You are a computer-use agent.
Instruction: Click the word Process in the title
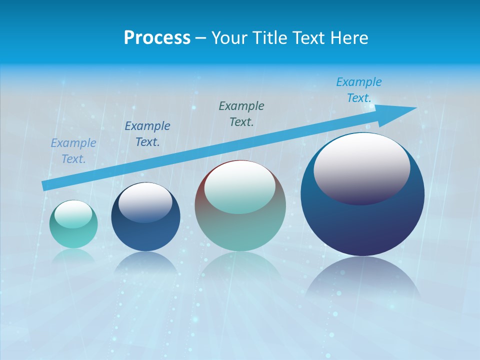coord(157,38)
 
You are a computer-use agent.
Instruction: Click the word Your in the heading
coord(228,38)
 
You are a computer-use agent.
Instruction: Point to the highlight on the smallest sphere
coord(73,214)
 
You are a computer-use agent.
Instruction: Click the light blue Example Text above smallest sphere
coord(73,151)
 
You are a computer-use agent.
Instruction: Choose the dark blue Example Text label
coord(147,134)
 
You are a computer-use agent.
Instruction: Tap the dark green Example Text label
coord(241,113)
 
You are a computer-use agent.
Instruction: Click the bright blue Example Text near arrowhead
coord(359,90)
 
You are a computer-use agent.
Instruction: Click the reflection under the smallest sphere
coord(73,256)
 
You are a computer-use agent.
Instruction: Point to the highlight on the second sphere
coord(145,202)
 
